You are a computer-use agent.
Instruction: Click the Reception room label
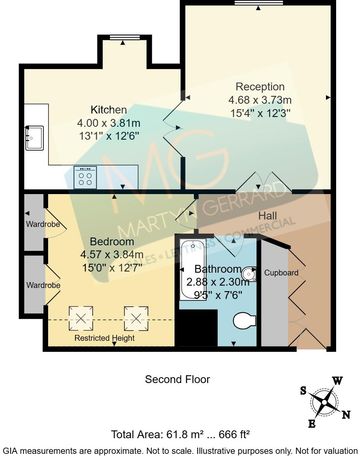click(x=260, y=86)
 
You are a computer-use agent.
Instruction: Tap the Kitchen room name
click(x=108, y=110)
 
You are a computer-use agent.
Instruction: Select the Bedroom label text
click(x=112, y=241)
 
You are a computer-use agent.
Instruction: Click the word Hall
click(x=268, y=216)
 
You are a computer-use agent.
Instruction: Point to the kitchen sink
click(x=35, y=138)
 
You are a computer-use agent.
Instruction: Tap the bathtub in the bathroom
click(x=192, y=270)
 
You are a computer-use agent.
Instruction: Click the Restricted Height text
click(x=104, y=338)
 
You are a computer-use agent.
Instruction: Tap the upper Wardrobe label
click(x=43, y=225)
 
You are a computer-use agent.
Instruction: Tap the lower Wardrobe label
click(x=43, y=285)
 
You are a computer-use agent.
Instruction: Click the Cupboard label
click(x=281, y=273)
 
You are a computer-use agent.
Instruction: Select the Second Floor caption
click(x=177, y=379)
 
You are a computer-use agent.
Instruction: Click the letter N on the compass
click(x=346, y=415)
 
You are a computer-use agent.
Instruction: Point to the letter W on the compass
click(x=337, y=381)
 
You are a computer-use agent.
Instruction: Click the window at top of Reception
click(x=258, y=3)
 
